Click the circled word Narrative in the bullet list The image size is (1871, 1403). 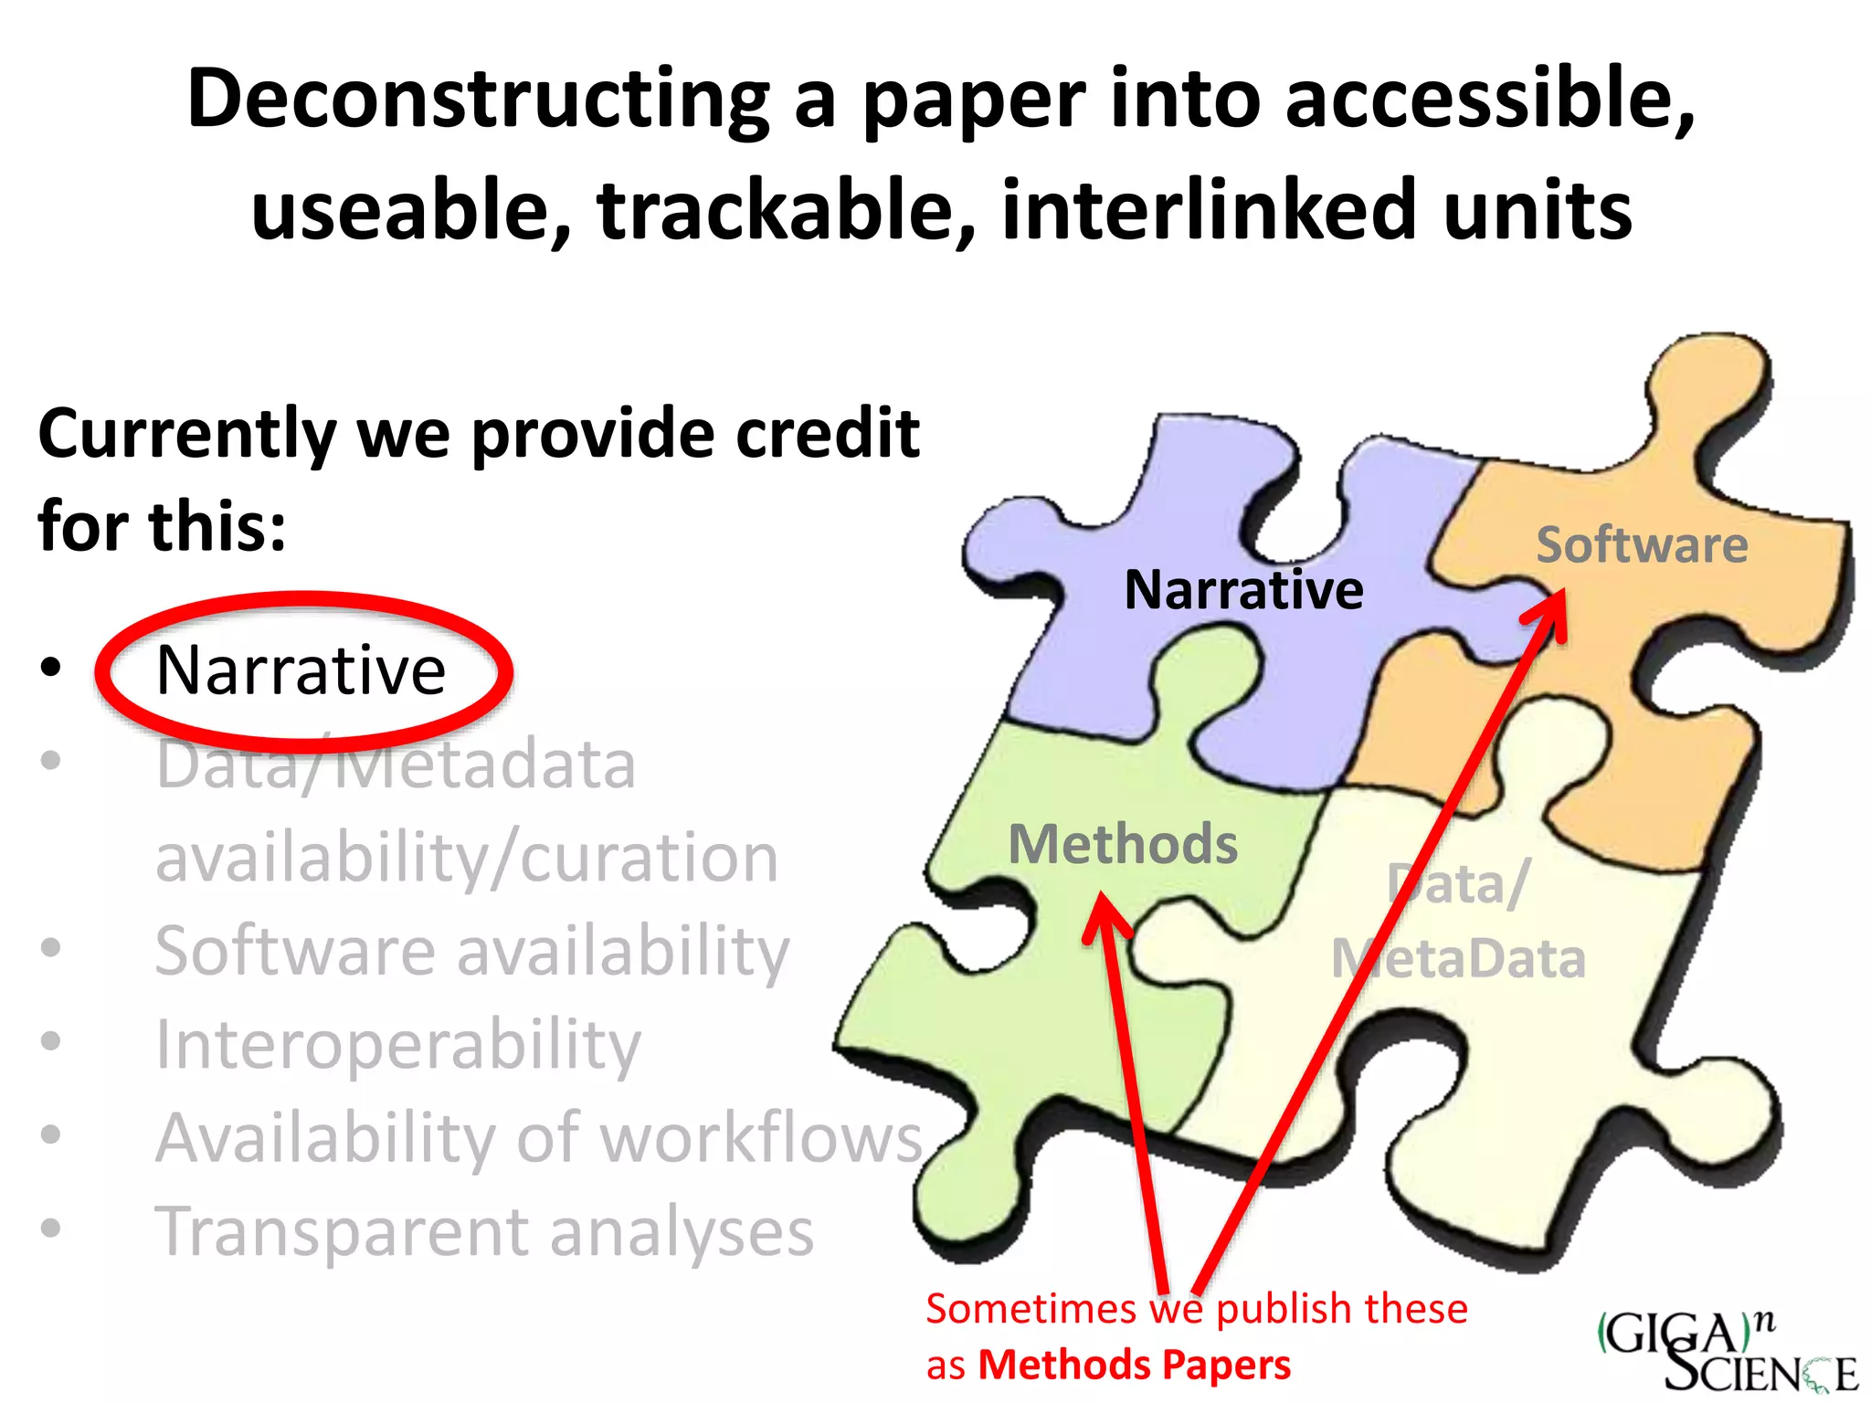tap(301, 670)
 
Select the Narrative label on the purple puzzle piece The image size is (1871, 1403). tap(1243, 590)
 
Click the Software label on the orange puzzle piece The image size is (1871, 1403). tap(1642, 545)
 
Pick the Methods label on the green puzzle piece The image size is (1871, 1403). tap(1123, 844)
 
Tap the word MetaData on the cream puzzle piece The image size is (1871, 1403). tap(1459, 959)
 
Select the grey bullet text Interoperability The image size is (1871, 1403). tap(398, 1044)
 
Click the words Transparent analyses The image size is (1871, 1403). tap(484, 1231)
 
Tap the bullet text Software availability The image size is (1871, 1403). tap(471, 951)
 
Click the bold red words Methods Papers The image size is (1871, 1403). tap(1135, 1365)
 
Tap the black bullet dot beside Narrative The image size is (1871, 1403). tap(51, 668)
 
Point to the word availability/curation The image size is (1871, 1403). tap(467, 858)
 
